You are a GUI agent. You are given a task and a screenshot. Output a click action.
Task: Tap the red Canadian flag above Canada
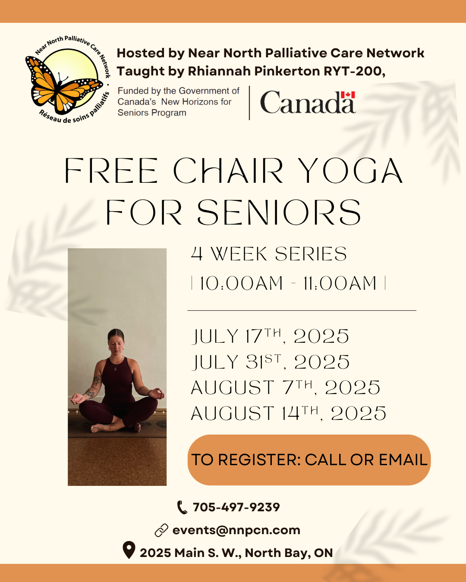pyautogui.click(x=348, y=95)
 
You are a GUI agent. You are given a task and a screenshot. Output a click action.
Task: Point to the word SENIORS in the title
pyautogui.click(x=279, y=212)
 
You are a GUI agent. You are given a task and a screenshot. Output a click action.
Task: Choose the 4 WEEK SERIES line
pyautogui.click(x=269, y=254)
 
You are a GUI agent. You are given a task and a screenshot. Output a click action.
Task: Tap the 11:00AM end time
pyautogui.click(x=340, y=283)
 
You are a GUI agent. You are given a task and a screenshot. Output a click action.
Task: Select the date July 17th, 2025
pyautogui.click(x=270, y=336)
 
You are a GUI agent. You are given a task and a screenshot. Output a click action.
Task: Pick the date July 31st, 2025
pyautogui.click(x=271, y=362)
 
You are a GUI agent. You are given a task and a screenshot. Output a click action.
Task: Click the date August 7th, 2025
pyautogui.click(x=285, y=387)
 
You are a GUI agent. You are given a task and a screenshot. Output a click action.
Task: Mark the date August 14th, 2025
pyautogui.click(x=288, y=413)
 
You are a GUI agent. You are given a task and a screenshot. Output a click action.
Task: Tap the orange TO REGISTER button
pyautogui.click(x=309, y=460)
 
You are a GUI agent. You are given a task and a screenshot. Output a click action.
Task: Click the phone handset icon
pyautogui.click(x=182, y=507)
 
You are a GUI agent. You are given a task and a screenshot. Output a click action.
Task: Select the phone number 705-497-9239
pyautogui.click(x=236, y=507)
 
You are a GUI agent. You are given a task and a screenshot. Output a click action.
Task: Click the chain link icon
pyautogui.click(x=161, y=530)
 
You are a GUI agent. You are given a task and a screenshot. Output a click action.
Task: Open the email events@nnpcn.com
pyautogui.click(x=236, y=530)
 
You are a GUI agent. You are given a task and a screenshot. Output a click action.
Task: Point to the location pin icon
pyautogui.click(x=129, y=550)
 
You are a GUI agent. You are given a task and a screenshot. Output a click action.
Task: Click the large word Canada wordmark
pyautogui.click(x=308, y=102)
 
